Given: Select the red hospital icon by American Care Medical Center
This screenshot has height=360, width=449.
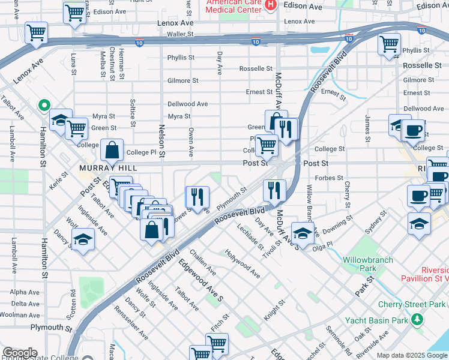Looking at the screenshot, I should coord(270,5).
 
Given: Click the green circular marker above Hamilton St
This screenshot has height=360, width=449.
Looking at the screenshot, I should coord(43,106).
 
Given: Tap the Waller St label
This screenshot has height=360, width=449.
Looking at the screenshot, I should coord(182,34).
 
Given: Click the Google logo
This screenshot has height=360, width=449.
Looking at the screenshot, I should coord(20,353).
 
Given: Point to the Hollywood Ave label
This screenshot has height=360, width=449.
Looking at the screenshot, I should coord(243,263).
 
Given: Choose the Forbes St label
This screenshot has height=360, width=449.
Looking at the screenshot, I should coord(328,178).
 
